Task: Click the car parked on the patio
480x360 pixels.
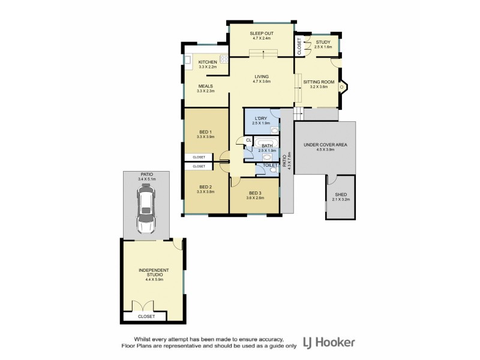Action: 146,209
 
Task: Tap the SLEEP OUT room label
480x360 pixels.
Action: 261,32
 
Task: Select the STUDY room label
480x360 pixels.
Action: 323,42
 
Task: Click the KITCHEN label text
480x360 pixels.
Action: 208,62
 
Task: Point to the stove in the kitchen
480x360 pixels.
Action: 224,59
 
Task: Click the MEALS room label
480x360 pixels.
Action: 206,86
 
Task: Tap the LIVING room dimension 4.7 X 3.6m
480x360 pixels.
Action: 262,82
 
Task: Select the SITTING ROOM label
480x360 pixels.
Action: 319,81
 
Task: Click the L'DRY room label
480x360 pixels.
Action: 260,119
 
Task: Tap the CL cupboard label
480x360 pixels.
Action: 248,140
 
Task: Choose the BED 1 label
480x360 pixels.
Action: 206,132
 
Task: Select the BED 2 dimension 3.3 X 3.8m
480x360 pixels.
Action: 206,192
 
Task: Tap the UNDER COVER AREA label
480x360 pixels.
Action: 325,145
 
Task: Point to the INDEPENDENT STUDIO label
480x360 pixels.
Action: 152,272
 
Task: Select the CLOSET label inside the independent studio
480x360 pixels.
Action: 146,316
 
